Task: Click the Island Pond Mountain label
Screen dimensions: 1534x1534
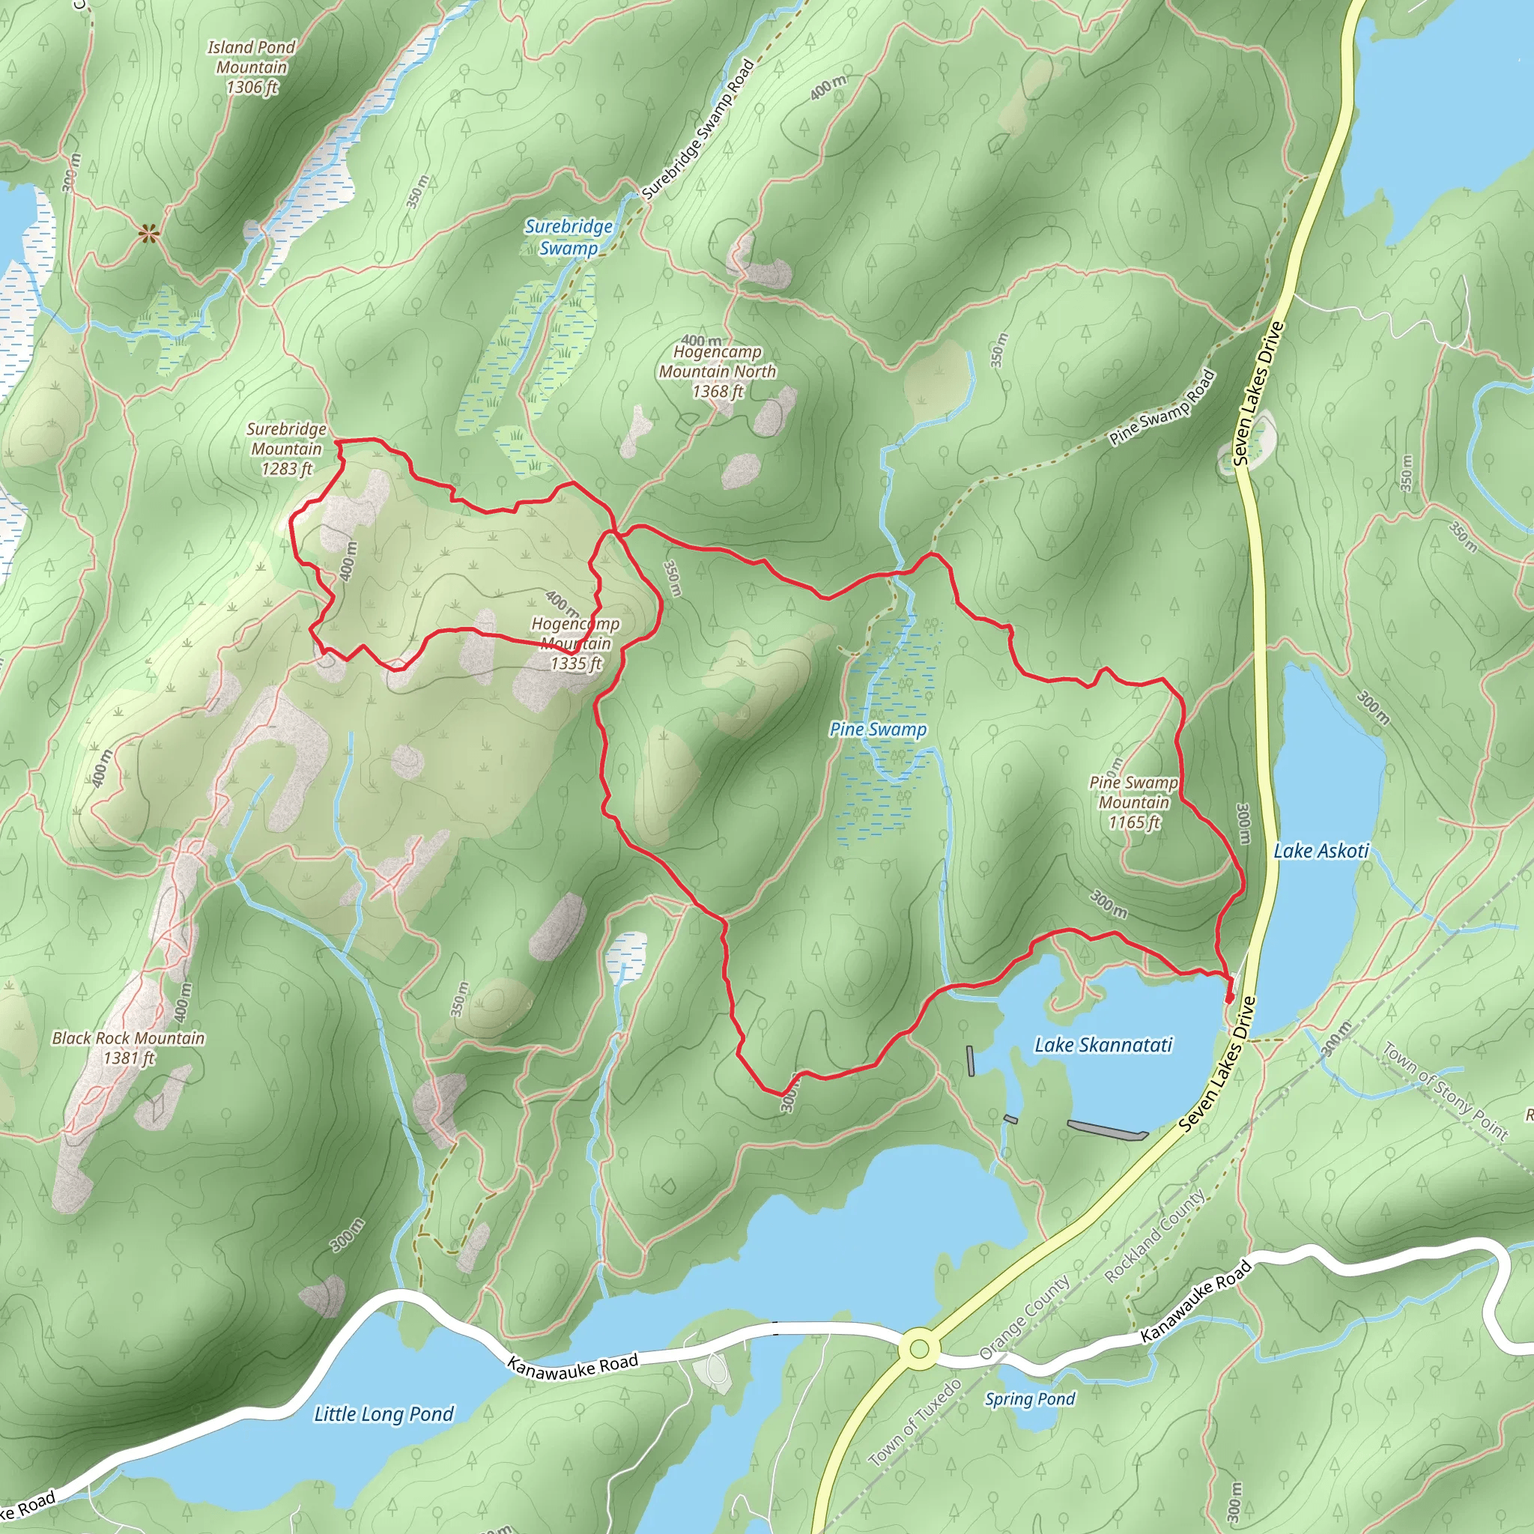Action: (x=251, y=67)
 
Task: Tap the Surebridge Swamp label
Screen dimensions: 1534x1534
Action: (x=569, y=237)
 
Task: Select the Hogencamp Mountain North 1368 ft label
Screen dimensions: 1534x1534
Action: (x=717, y=372)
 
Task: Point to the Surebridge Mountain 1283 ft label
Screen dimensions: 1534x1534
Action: (x=287, y=449)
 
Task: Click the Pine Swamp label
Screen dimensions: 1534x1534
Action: (x=877, y=730)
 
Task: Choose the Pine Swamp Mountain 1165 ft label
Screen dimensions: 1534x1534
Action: (x=1133, y=803)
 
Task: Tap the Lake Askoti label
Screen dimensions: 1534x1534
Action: (x=1321, y=851)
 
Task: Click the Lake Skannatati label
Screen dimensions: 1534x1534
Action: (x=1103, y=1045)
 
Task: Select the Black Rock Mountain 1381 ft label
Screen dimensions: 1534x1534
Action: (x=129, y=1048)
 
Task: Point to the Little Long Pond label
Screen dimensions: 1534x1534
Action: (x=383, y=1414)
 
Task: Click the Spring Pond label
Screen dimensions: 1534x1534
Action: (x=1030, y=1399)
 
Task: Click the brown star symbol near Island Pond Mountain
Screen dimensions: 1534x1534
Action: (x=148, y=233)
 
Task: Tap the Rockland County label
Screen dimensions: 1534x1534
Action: (x=1155, y=1236)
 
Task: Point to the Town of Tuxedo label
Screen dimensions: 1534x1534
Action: (x=915, y=1423)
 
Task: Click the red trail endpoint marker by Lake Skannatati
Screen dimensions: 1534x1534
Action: (x=1229, y=997)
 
